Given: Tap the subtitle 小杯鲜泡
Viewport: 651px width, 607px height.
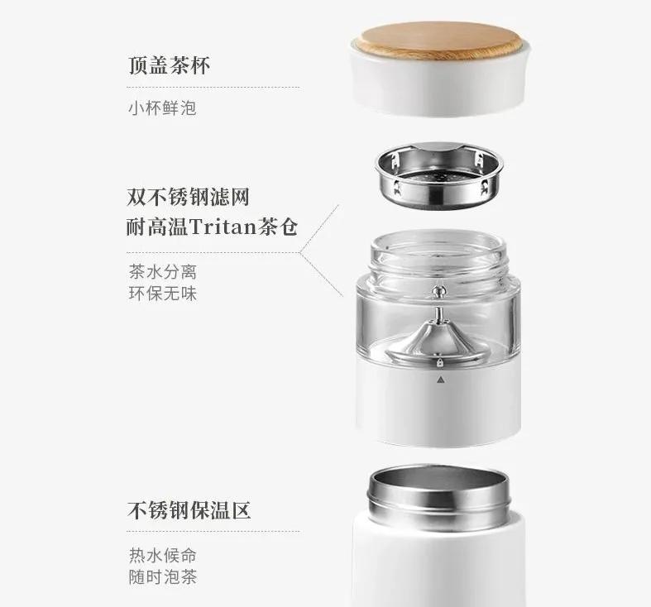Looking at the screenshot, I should pos(162,108).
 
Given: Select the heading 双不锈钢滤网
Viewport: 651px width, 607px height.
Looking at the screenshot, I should pos(189,197).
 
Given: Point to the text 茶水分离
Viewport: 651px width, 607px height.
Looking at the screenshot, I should pos(162,271).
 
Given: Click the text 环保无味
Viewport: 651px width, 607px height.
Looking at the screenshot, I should pos(162,293).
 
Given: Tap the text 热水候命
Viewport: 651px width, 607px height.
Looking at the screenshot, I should pos(162,555).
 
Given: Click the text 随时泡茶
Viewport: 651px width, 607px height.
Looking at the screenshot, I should pos(162,576).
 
